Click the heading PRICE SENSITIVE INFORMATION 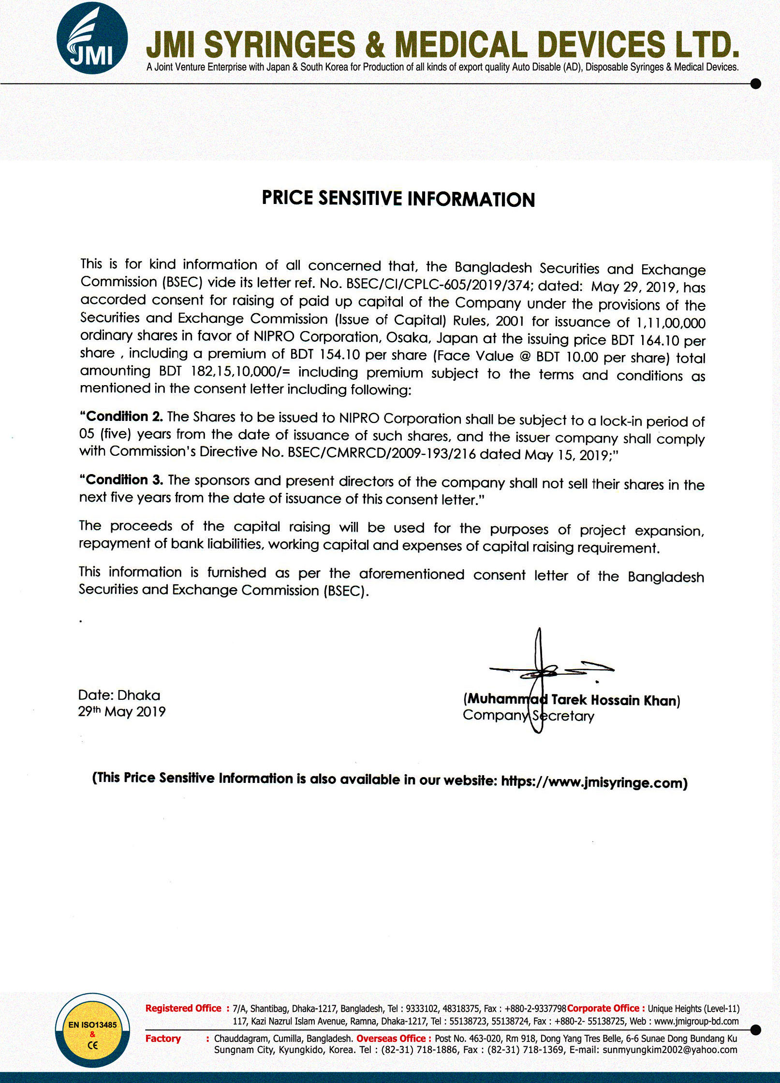pyautogui.click(x=398, y=199)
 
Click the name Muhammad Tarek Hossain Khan pyautogui.click(x=572, y=700)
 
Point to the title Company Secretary pyautogui.click(x=528, y=716)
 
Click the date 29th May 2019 pyautogui.click(x=122, y=711)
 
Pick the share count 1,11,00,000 pyautogui.click(x=671, y=323)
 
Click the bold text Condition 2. pyautogui.click(x=124, y=417)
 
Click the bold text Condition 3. pyautogui.click(x=124, y=479)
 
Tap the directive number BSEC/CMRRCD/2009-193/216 pyautogui.click(x=382, y=453)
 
